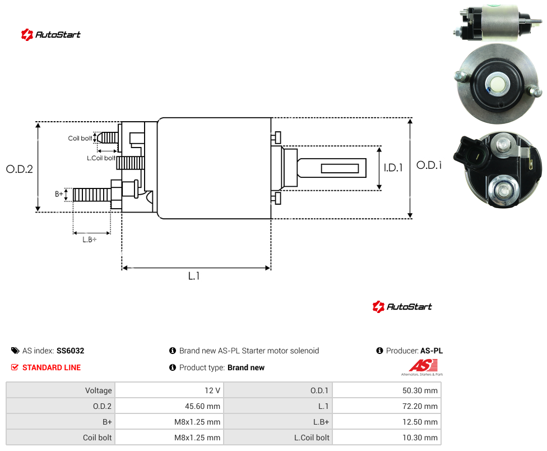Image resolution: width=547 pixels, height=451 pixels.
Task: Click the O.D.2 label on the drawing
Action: point(20,169)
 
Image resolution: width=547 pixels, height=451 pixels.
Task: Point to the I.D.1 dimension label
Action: point(393,168)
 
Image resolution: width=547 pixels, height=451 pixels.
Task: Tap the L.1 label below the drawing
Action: point(194,276)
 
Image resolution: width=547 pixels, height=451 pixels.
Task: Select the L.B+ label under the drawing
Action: point(90,240)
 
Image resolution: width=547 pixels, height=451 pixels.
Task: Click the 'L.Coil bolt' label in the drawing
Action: point(101,158)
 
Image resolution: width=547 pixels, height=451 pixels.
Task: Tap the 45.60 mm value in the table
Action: point(203,406)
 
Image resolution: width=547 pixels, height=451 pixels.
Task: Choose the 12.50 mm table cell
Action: point(420,422)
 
